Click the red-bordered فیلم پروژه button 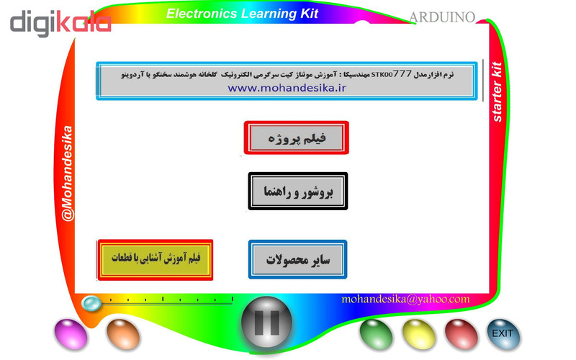297,138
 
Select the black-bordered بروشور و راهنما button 297,192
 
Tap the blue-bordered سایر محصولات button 297,259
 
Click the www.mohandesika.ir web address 287,88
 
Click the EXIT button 502,333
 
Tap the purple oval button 70,333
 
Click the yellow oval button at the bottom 417,333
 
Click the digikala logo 60,22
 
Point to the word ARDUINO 442,17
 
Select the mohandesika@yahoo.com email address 405,299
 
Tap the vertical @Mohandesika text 67,173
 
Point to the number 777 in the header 403,73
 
